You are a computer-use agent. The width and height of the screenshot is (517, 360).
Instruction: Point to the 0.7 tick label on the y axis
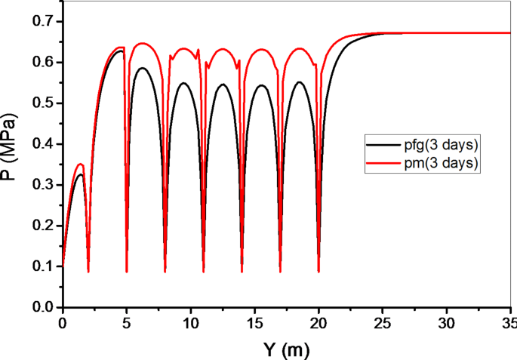(x=42, y=21)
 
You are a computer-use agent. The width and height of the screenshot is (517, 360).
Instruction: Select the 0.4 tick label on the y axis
(x=42, y=144)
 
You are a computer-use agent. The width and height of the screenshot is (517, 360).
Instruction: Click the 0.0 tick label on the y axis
(x=42, y=308)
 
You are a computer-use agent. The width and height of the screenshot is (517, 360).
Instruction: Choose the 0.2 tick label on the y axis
(x=42, y=226)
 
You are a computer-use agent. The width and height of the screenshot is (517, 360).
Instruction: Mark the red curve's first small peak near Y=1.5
(x=81, y=164)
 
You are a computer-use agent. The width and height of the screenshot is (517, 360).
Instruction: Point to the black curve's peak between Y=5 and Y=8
(x=141, y=68)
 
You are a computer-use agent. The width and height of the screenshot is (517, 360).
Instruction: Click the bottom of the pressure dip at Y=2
(x=88, y=270)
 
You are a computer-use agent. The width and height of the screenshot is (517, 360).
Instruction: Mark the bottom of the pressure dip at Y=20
(x=319, y=270)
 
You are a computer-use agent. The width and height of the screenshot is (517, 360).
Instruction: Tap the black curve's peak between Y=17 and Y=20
(x=300, y=82)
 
